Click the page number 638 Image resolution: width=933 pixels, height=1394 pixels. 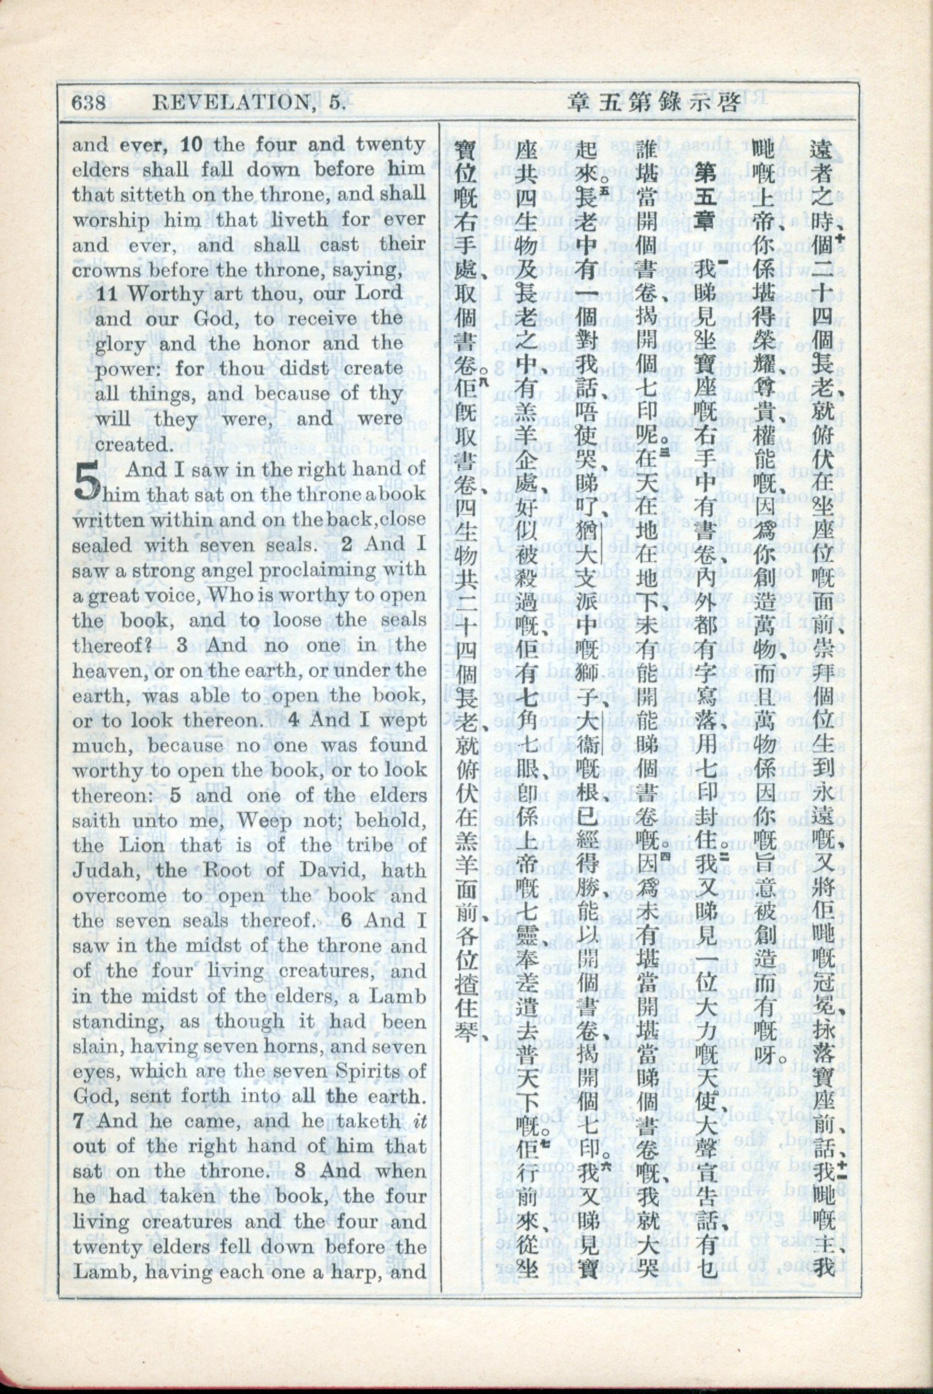89,103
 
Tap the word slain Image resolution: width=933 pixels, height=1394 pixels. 97,996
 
